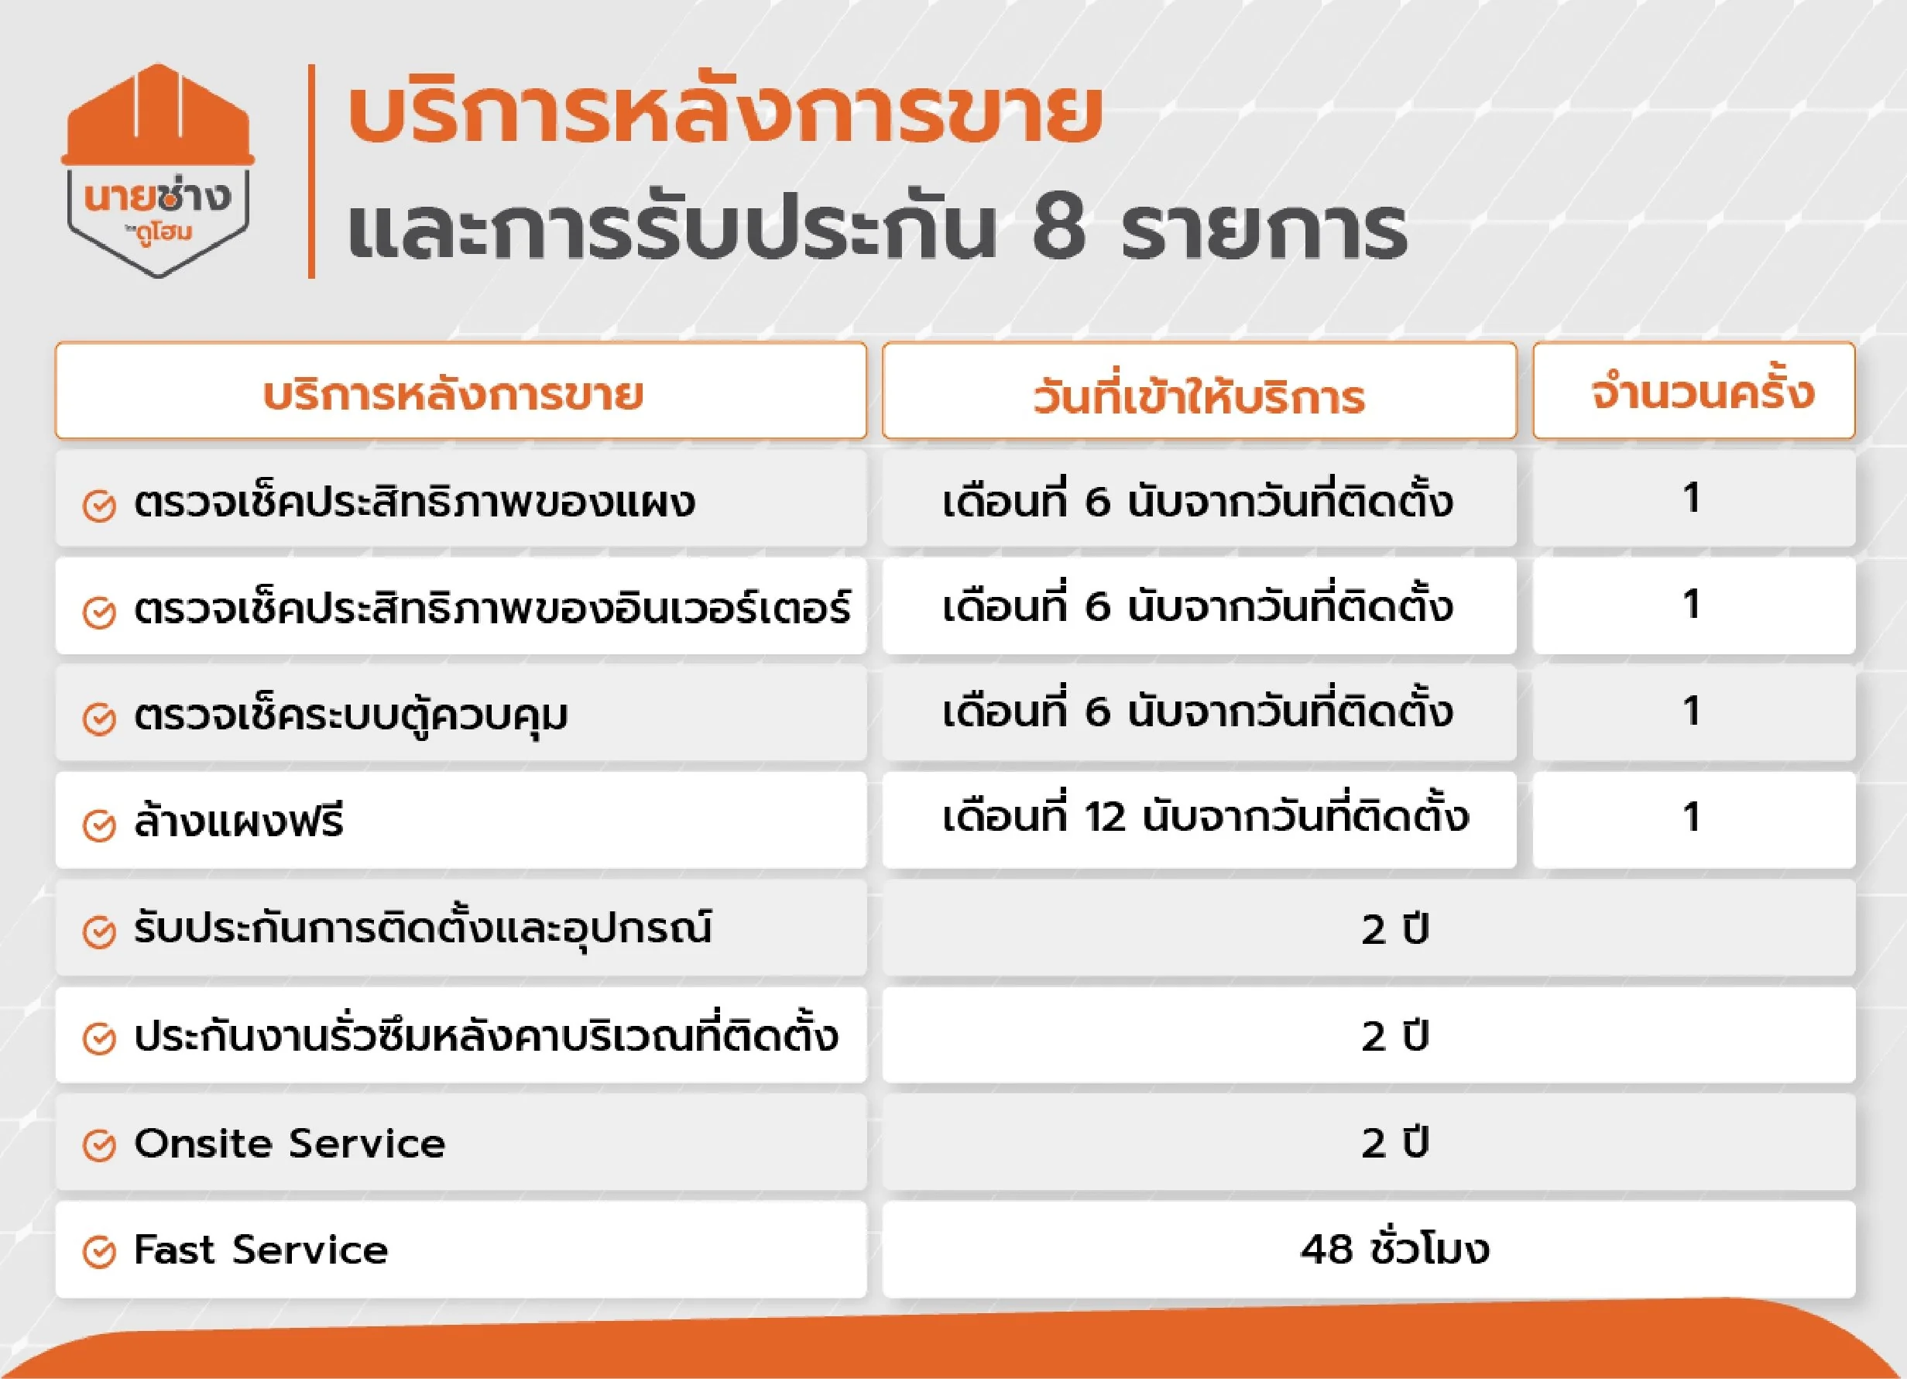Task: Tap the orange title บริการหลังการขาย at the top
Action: coord(724,115)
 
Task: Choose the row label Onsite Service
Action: coord(290,1144)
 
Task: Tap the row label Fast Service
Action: coord(262,1250)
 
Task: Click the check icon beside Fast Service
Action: coord(99,1252)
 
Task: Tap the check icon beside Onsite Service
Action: coord(99,1145)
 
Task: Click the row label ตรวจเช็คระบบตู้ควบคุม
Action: coord(351,715)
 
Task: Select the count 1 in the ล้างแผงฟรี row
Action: coord(1692,818)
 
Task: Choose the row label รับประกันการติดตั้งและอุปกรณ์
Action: coord(423,928)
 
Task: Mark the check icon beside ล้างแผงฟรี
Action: coord(99,825)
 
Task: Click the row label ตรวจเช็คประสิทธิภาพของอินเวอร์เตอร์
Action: coord(492,605)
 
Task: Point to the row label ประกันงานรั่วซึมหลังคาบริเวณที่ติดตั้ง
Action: coord(486,1034)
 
